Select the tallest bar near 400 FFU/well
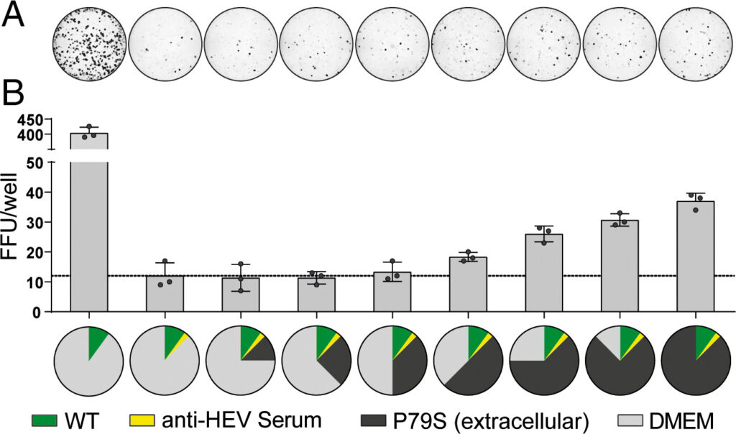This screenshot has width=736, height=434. point(88,216)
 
